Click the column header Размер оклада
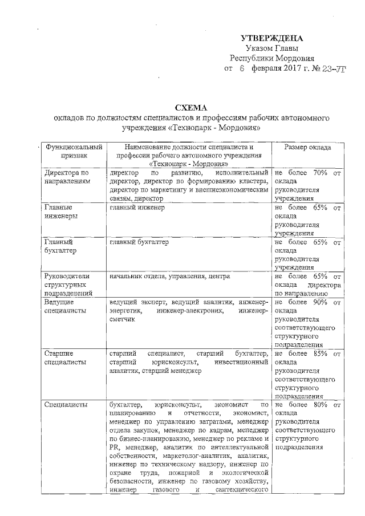(x=308, y=146)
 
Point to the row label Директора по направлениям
(x=67, y=176)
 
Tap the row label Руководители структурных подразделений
(x=68, y=285)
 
